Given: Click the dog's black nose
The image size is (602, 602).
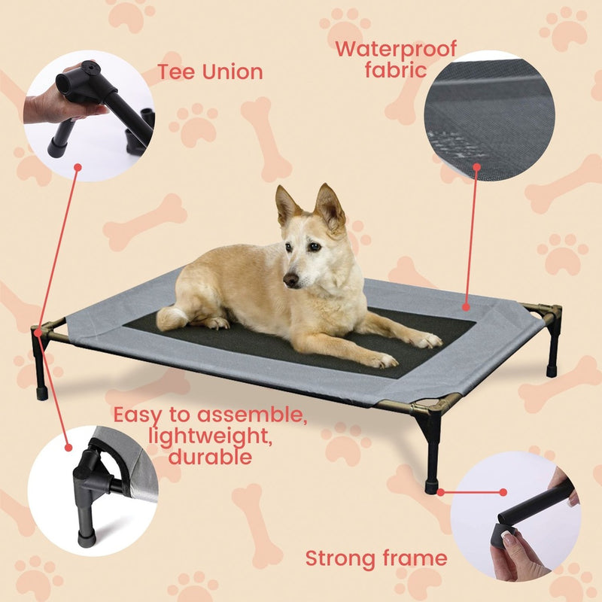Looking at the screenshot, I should click(290, 280).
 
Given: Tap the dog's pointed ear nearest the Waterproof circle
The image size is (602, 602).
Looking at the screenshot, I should click(330, 205).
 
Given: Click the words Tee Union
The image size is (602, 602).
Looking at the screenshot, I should click(210, 72).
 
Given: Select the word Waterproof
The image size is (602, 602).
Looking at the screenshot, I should click(395, 50).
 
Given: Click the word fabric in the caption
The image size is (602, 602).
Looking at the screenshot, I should click(395, 71).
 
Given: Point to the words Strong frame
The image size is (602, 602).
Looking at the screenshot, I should click(375, 558).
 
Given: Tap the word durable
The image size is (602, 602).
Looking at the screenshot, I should click(210, 456).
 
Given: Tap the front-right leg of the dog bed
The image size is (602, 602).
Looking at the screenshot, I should click(432, 451).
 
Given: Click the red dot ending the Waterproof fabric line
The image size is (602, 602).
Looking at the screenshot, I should click(466, 306).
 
